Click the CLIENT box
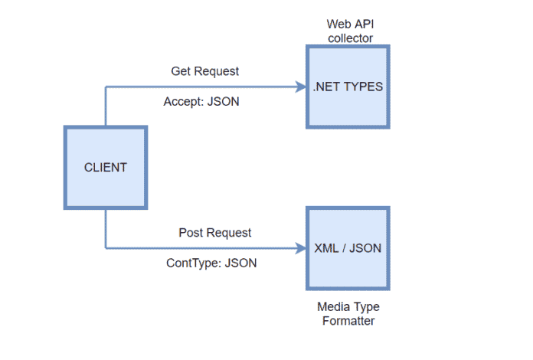point(106,168)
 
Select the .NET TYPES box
point(348,87)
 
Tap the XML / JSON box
point(348,248)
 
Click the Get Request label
point(204,71)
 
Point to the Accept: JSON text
point(201,101)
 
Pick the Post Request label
point(214,232)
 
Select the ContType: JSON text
point(211,263)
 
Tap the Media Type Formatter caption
point(348,314)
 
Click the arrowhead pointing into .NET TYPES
point(300,87)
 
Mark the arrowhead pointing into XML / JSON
point(300,248)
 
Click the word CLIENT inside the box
point(106,168)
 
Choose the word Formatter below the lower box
point(348,322)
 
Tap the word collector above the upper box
point(349,38)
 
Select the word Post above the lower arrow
point(191,232)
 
